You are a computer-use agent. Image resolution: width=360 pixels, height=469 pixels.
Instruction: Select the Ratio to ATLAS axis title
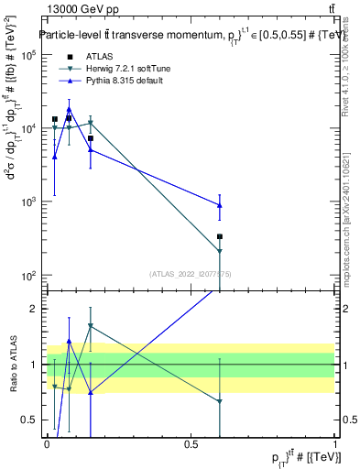13,365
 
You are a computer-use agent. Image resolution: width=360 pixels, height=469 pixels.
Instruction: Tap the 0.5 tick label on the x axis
191,444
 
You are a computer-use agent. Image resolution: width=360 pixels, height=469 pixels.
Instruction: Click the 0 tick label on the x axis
47,444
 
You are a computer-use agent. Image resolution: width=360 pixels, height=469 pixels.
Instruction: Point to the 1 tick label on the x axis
335,444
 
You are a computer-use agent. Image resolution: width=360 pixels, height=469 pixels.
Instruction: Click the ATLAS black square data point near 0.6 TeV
220,236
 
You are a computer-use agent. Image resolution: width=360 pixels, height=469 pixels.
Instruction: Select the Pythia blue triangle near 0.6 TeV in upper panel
220,205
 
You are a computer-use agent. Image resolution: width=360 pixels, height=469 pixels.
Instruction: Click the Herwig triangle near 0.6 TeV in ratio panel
220,401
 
